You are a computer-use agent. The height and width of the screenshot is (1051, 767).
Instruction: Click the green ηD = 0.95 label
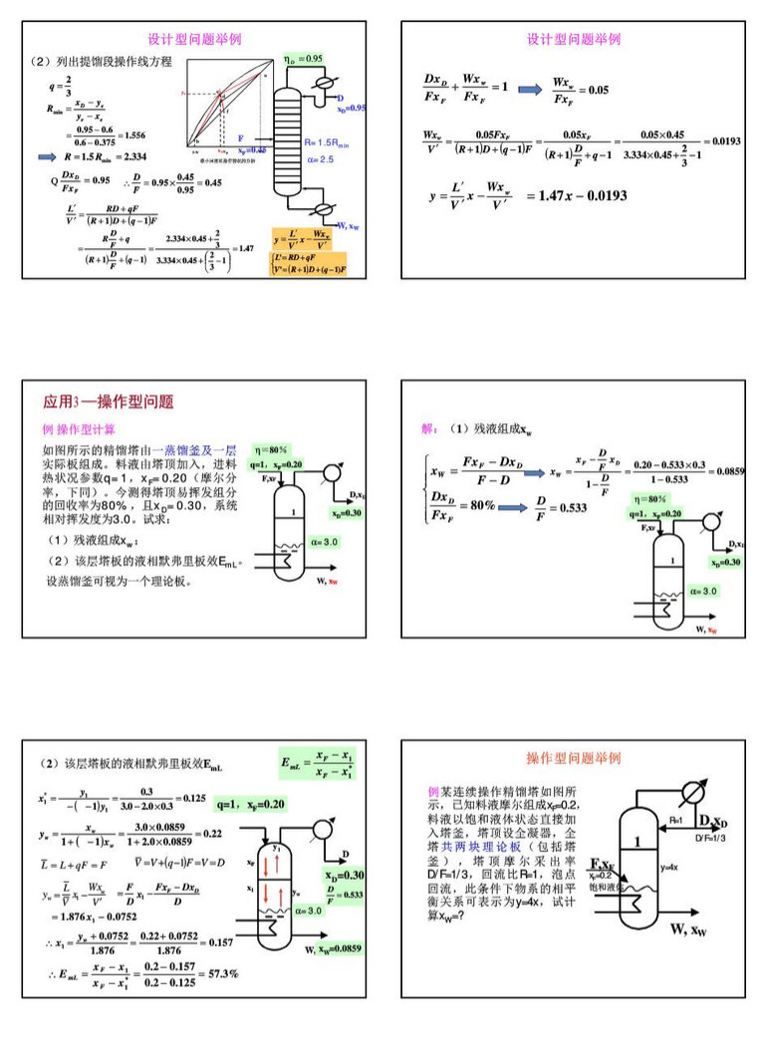click(304, 59)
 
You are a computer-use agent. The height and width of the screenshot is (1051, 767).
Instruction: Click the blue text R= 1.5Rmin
click(331, 142)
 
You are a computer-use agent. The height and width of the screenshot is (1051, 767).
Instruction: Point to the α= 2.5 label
click(320, 159)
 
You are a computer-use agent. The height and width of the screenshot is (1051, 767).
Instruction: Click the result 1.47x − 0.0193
click(576, 195)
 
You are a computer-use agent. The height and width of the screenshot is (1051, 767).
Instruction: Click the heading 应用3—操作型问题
click(108, 402)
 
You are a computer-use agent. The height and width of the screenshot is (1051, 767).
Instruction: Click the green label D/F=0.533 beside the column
click(343, 896)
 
